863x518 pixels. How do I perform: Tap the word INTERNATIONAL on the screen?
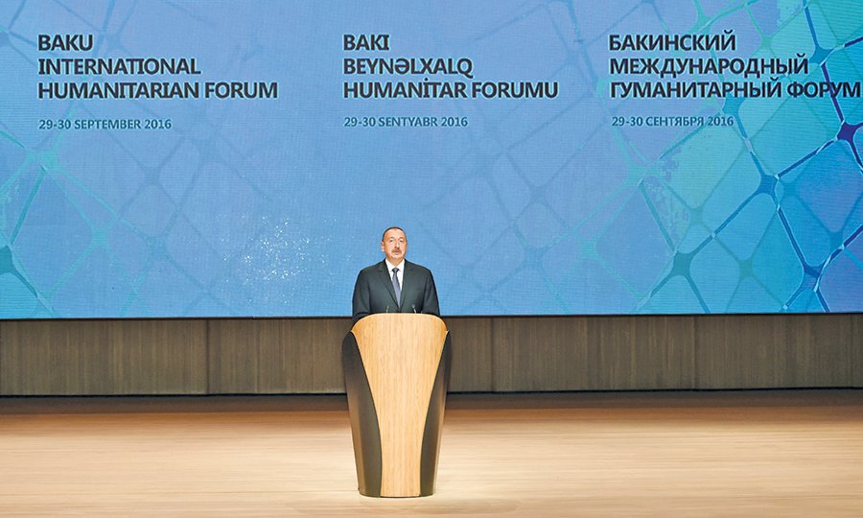point(119,66)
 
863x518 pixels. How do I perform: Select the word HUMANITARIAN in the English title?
point(119,90)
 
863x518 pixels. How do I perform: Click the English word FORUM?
point(242,90)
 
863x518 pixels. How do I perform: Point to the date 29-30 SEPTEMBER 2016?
point(105,125)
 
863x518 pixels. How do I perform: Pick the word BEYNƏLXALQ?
point(408,66)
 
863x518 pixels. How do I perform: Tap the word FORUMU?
point(515,90)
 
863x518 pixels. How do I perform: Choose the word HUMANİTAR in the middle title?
point(405,90)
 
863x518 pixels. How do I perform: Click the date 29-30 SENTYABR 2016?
point(406,122)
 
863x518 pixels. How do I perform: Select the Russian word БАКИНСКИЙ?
point(672,42)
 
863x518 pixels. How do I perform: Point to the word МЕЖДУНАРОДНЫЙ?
point(709,66)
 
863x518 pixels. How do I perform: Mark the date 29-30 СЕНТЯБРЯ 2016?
point(672,121)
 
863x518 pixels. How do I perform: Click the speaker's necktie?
point(396,285)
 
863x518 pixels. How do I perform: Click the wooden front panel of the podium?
point(399,402)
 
